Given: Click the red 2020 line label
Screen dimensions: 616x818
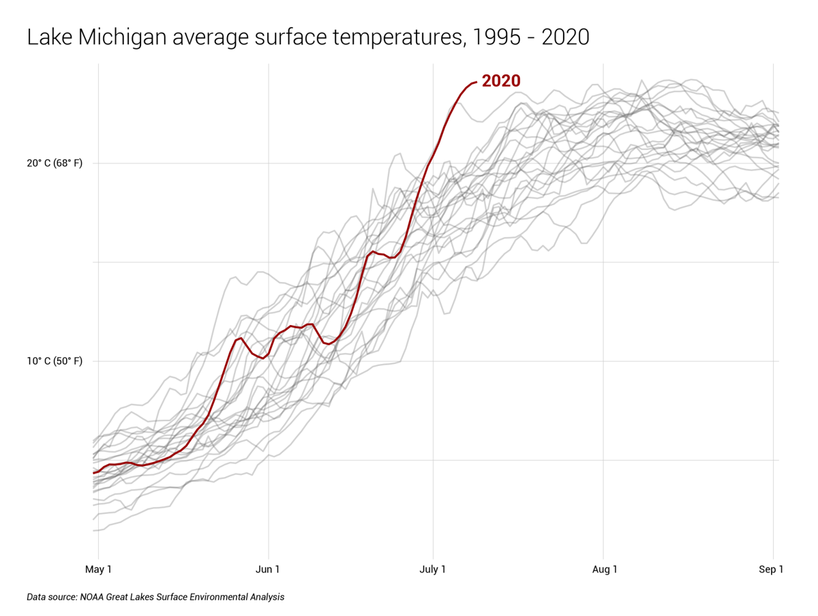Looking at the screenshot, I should pos(500,81).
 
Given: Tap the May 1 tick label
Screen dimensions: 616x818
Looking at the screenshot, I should pos(99,569).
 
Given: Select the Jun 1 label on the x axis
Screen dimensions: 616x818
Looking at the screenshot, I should pos(268,569).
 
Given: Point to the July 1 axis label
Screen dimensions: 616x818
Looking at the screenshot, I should pos(432,569).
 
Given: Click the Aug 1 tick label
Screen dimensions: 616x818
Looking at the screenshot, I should pos(604,569).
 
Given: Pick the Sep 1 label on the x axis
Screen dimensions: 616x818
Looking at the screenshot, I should pos(771,569).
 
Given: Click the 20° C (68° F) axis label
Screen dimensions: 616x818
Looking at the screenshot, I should pos(55,164).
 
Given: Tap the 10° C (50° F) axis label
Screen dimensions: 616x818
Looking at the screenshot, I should pos(55,361).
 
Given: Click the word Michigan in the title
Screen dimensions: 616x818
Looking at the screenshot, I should pos(123,37).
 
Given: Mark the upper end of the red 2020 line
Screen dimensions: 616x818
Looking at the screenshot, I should pos(475,82).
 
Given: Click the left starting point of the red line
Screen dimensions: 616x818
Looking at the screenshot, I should pos(94,472).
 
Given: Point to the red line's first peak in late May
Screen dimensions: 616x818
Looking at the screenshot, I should pos(240,338).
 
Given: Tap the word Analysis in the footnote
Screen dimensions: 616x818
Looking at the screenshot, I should pos(266,597).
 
